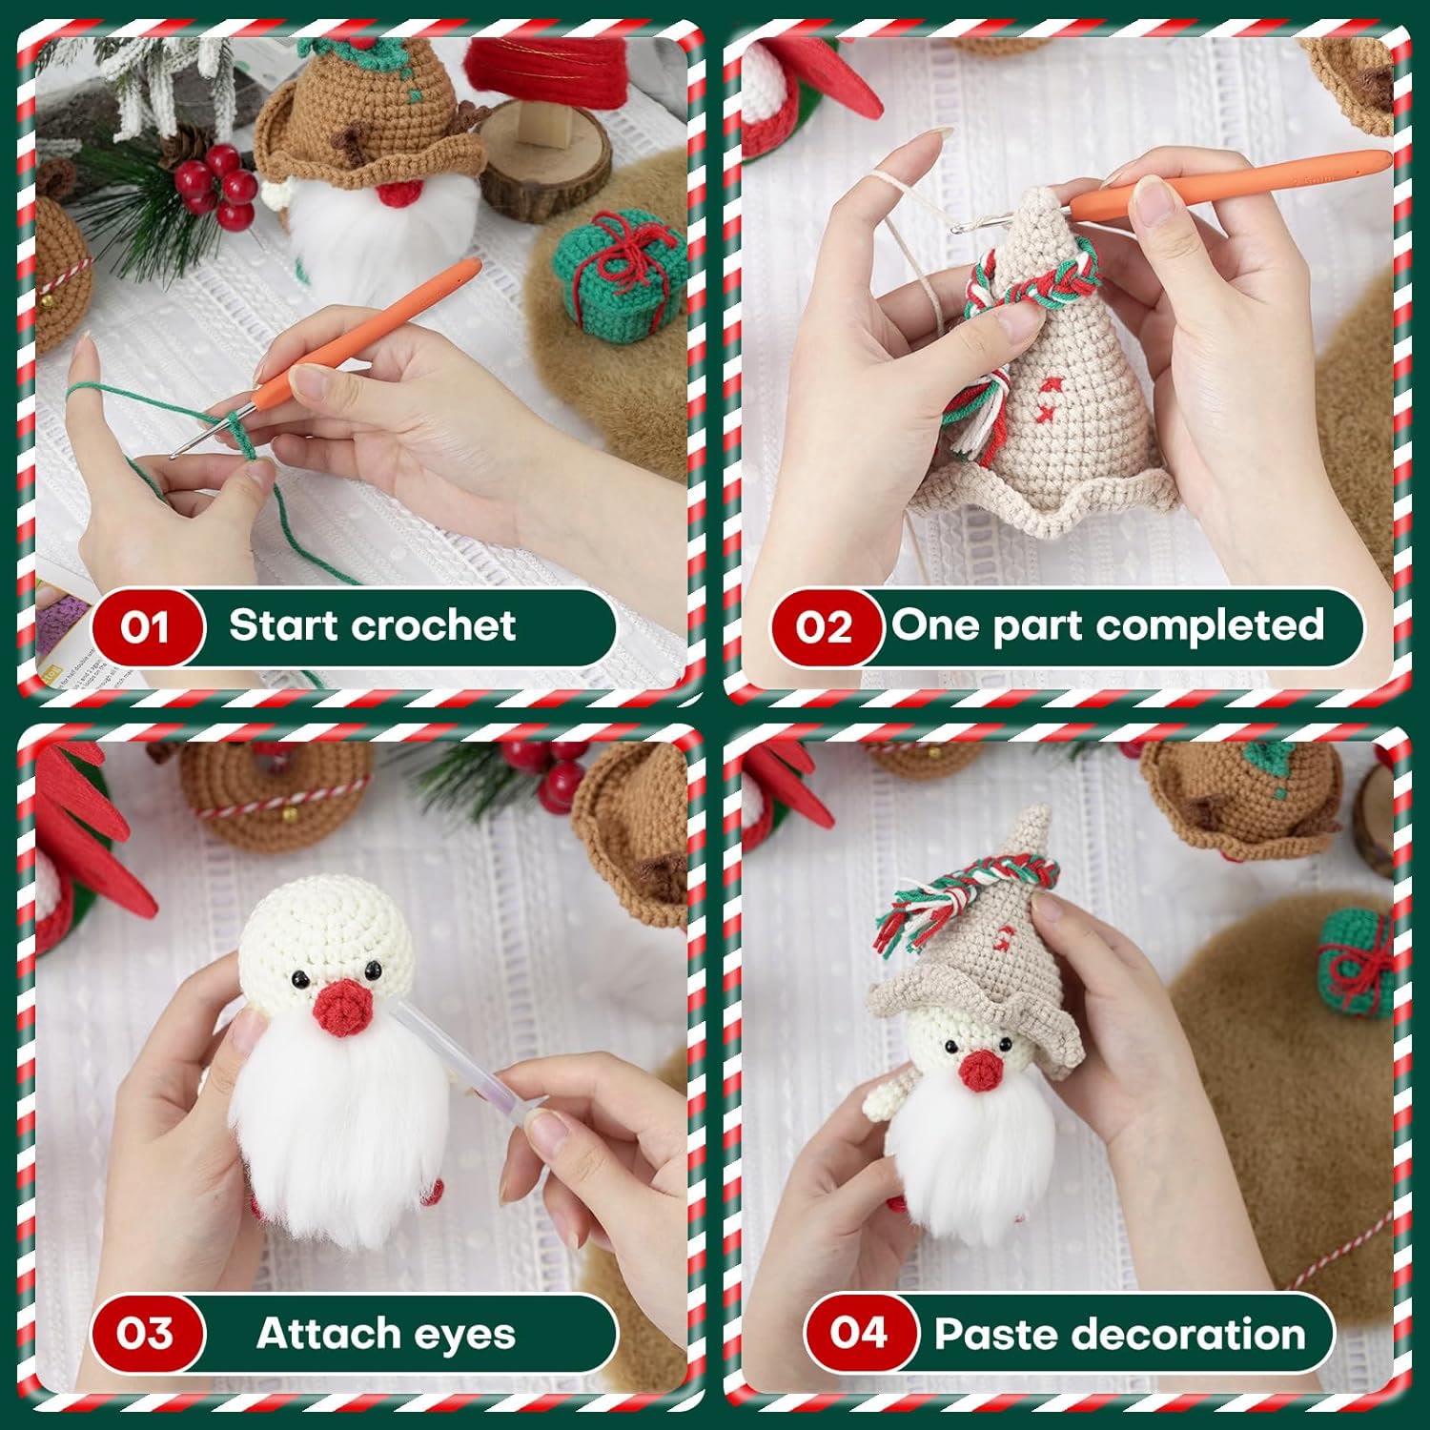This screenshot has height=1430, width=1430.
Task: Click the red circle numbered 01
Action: [x=146, y=627]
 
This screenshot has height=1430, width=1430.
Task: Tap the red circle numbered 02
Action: [x=825, y=627]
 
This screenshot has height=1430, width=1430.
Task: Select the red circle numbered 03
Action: [x=146, y=1333]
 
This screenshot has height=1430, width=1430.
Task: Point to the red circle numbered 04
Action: [x=859, y=1333]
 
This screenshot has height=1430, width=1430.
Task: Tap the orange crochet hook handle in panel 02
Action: [x=1230, y=181]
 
